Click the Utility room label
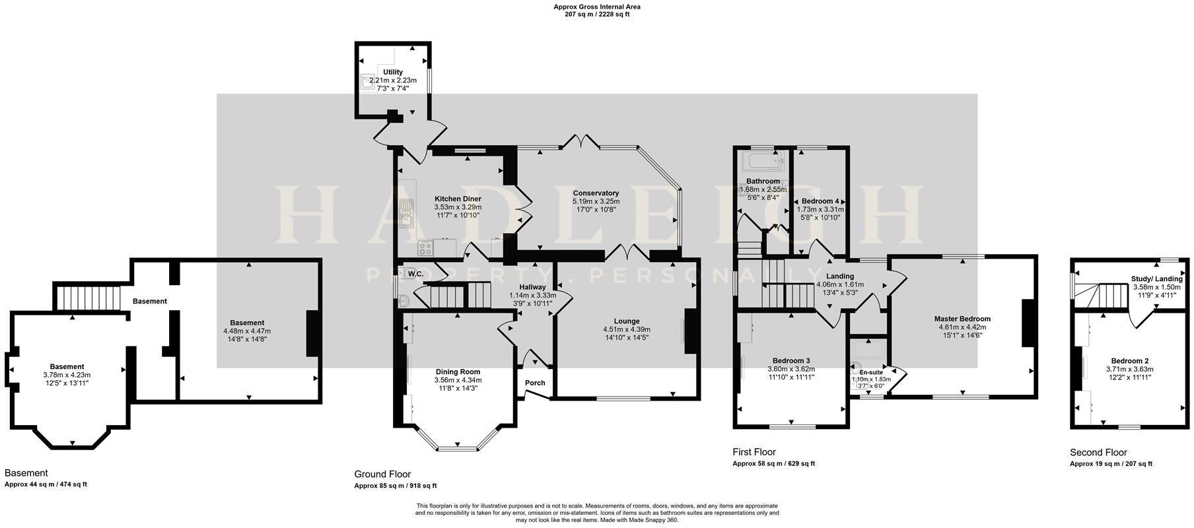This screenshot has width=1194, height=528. [x=392, y=72]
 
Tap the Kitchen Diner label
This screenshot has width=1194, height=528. [x=457, y=199]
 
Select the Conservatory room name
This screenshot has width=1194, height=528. [x=596, y=193]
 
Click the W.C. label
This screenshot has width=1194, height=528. [x=415, y=274]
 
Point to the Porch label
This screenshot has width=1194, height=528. [x=535, y=383]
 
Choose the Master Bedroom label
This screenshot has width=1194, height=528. [x=962, y=319]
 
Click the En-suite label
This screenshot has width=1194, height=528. [x=871, y=372]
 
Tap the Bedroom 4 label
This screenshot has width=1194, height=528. [x=820, y=201]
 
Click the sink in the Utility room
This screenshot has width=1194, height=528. [x=367, y=82]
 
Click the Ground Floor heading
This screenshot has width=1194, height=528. [x=382, y=474]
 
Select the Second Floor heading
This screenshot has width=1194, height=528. [x=1098, y=452]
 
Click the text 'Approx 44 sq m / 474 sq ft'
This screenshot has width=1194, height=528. [x=46, y=484]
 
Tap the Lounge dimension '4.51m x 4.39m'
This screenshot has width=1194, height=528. [x=626, y=330]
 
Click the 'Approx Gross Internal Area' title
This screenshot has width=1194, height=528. [x=597, y=7]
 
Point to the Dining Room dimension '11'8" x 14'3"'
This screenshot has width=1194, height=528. [x=458, y=388]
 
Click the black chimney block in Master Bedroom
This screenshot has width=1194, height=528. [x=1027, y=323]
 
